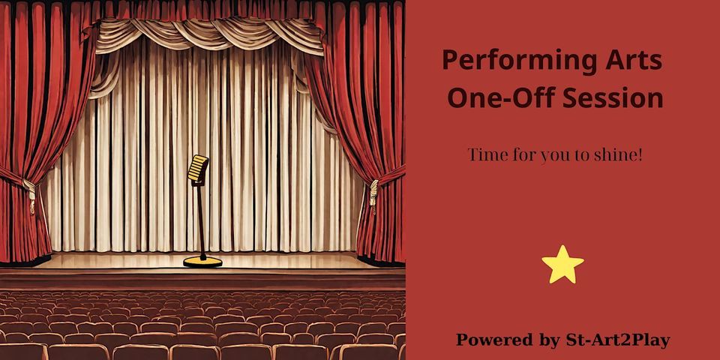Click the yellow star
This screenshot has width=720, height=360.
(x=562, y=265)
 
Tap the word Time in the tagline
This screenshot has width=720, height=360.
(x=484, y=155)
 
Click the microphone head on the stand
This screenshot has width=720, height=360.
(x=198, y=168)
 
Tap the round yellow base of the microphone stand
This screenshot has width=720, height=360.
(x=203, y=261)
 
